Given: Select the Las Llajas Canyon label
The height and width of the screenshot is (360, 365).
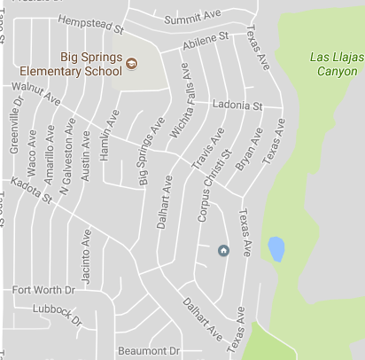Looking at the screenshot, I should (335, 63).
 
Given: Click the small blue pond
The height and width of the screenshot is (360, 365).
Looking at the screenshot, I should (276, 248).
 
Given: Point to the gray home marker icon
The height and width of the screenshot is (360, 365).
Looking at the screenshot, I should (223, 251).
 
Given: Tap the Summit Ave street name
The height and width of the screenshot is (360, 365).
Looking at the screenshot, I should (190, 17).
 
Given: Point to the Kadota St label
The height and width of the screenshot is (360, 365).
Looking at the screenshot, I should (31, 192).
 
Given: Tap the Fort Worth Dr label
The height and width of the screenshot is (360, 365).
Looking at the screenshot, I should (38, 290).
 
